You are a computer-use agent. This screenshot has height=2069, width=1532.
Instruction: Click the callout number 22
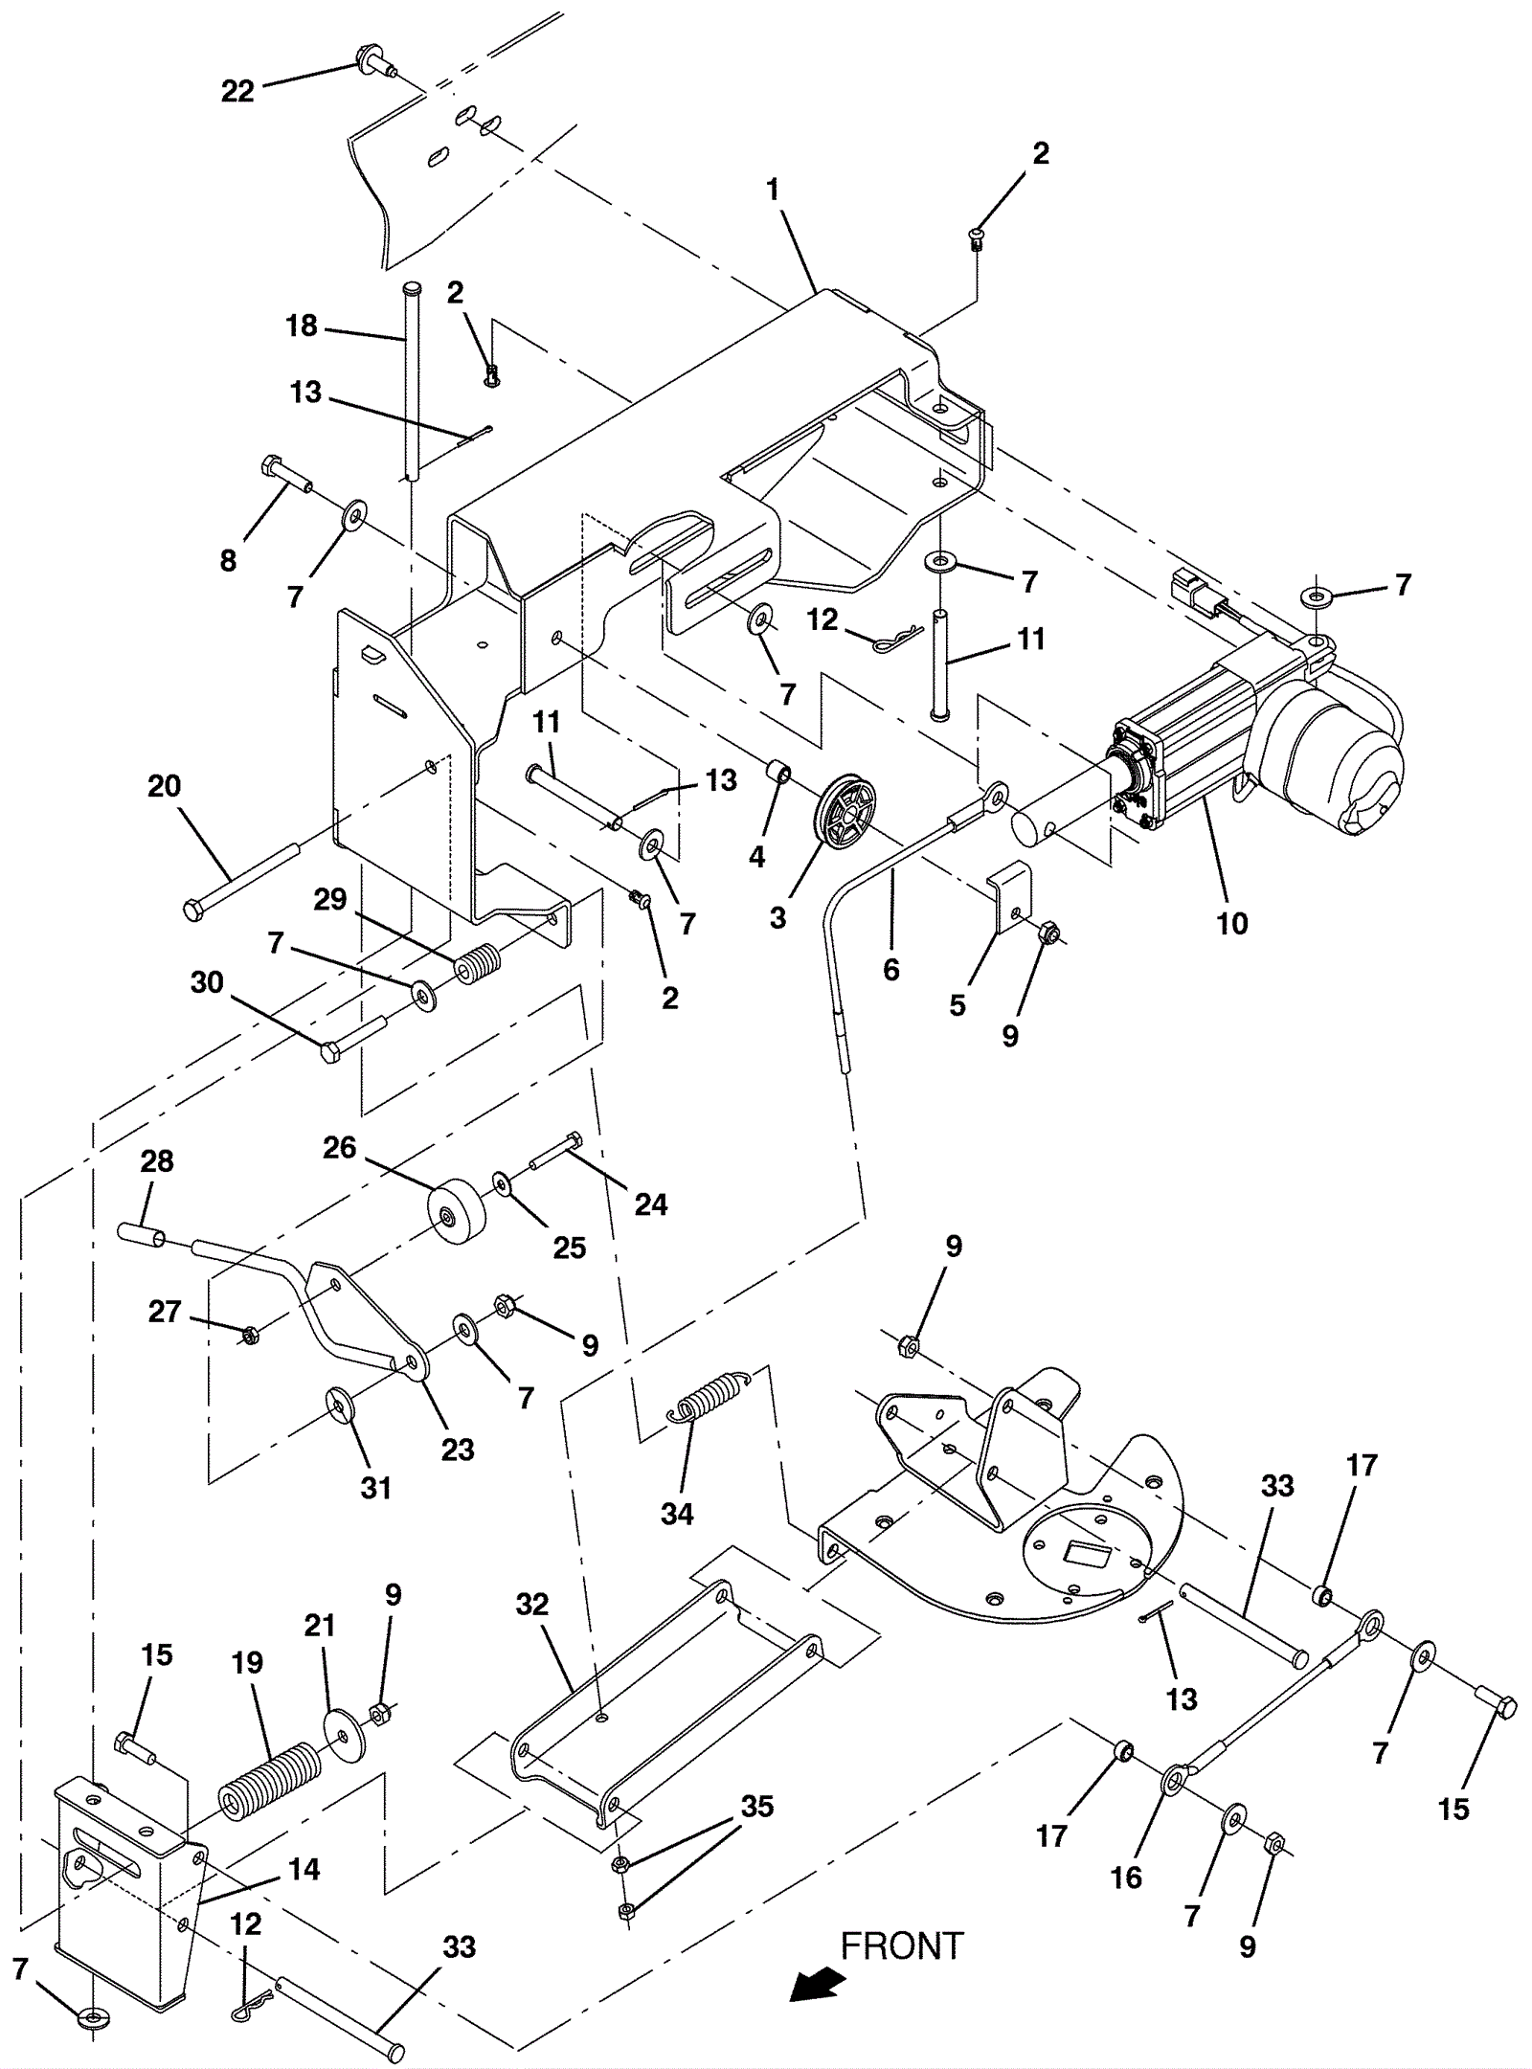237,91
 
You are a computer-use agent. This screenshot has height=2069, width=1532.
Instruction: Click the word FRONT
902,1946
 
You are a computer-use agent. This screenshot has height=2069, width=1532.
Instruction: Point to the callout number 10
1232,923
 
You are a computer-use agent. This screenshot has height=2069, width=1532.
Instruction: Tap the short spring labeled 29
477,965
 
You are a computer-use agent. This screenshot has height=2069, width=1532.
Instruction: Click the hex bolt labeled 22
374,61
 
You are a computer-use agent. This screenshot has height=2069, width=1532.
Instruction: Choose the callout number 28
157,1161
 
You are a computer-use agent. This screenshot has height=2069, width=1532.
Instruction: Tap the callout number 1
772,190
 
